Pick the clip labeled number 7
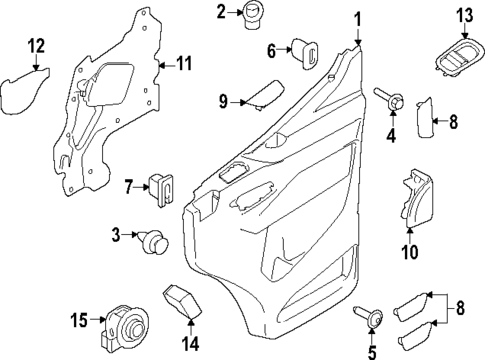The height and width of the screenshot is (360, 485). tap(159, 185)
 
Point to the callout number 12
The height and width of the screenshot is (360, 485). tap(36, 45)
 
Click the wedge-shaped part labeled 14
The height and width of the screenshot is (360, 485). tap(179, 301)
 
